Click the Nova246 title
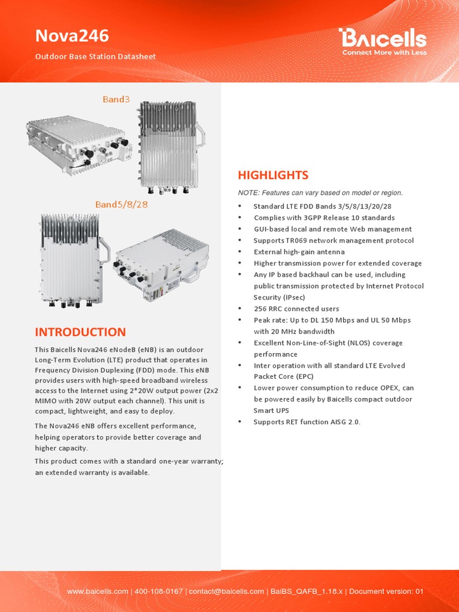tap(72, 36)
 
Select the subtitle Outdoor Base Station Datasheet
tap(95, 57)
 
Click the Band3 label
tap(116, 99)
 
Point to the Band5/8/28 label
tap(121, 204)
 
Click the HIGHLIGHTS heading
tap(273, 175)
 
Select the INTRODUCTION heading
tap(80, 332)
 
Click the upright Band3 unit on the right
tap(169, 146)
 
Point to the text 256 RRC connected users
tap(296, 309)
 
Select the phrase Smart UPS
tap(271, 411)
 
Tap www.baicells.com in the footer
tap(97, 592)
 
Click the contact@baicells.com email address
tap(227, 592)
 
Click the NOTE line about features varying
tap(320, 193)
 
